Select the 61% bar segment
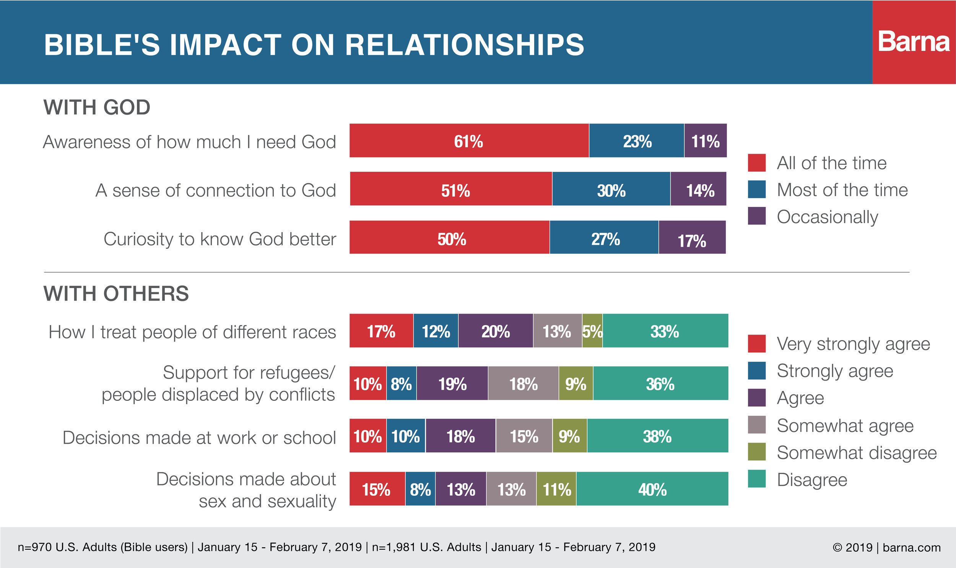(x=469, y=140)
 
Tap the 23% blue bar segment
(x=637, y=140)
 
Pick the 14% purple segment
(x=699, y=189)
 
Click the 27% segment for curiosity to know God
(x=604, y=237)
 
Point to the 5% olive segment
(x=592, y=331)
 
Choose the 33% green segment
(x=666, y=331)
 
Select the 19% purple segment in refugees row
(x=452, y=383)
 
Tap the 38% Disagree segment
(x=658, y=436)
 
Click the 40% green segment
(x=652, y=489)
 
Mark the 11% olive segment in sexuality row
(x=556, y=489)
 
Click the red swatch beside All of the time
(x=757, y=163)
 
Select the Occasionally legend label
(x=828, y=217)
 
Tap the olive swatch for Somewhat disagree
(x=757, y=452)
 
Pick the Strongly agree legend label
(x=835, y=371)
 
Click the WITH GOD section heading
(x=97, y=107)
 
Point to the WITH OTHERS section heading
(x=116, y=294)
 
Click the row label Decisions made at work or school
(x=199, y=438)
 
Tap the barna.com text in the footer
(x=912, y=547)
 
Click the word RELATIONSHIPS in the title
(x=465, y=45)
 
